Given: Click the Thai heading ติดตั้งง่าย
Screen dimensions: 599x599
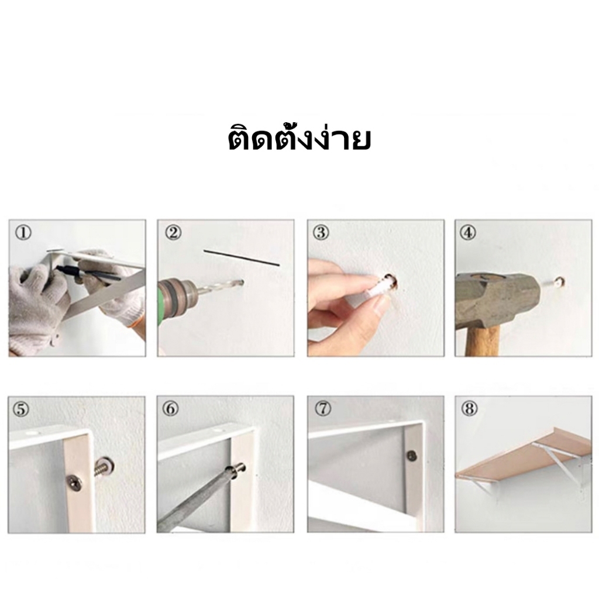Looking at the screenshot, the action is [x=299, y=138].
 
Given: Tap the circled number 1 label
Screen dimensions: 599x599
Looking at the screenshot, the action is [x=23, y=233].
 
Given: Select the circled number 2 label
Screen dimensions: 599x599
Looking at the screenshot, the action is [x=173, y=232].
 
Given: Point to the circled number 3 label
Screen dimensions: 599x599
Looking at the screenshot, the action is [x=321, y=232].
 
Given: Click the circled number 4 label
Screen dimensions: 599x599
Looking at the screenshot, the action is [x=469, y=232].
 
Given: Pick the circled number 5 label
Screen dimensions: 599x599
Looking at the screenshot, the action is [x=22, y=409].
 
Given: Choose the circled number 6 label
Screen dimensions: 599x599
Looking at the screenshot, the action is [x=170, y=409].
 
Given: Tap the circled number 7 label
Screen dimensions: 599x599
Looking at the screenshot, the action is [x=323, y=409].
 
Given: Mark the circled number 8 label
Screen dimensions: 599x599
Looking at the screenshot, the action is [x=470, y=409].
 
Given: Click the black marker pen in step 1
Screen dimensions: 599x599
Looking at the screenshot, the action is [x=88, y=273].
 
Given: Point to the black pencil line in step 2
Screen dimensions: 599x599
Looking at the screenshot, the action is [x=242, y=258].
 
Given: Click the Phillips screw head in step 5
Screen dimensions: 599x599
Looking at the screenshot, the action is [x=74, y=483].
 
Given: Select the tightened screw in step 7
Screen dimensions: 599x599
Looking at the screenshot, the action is [x=412, y=455].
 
